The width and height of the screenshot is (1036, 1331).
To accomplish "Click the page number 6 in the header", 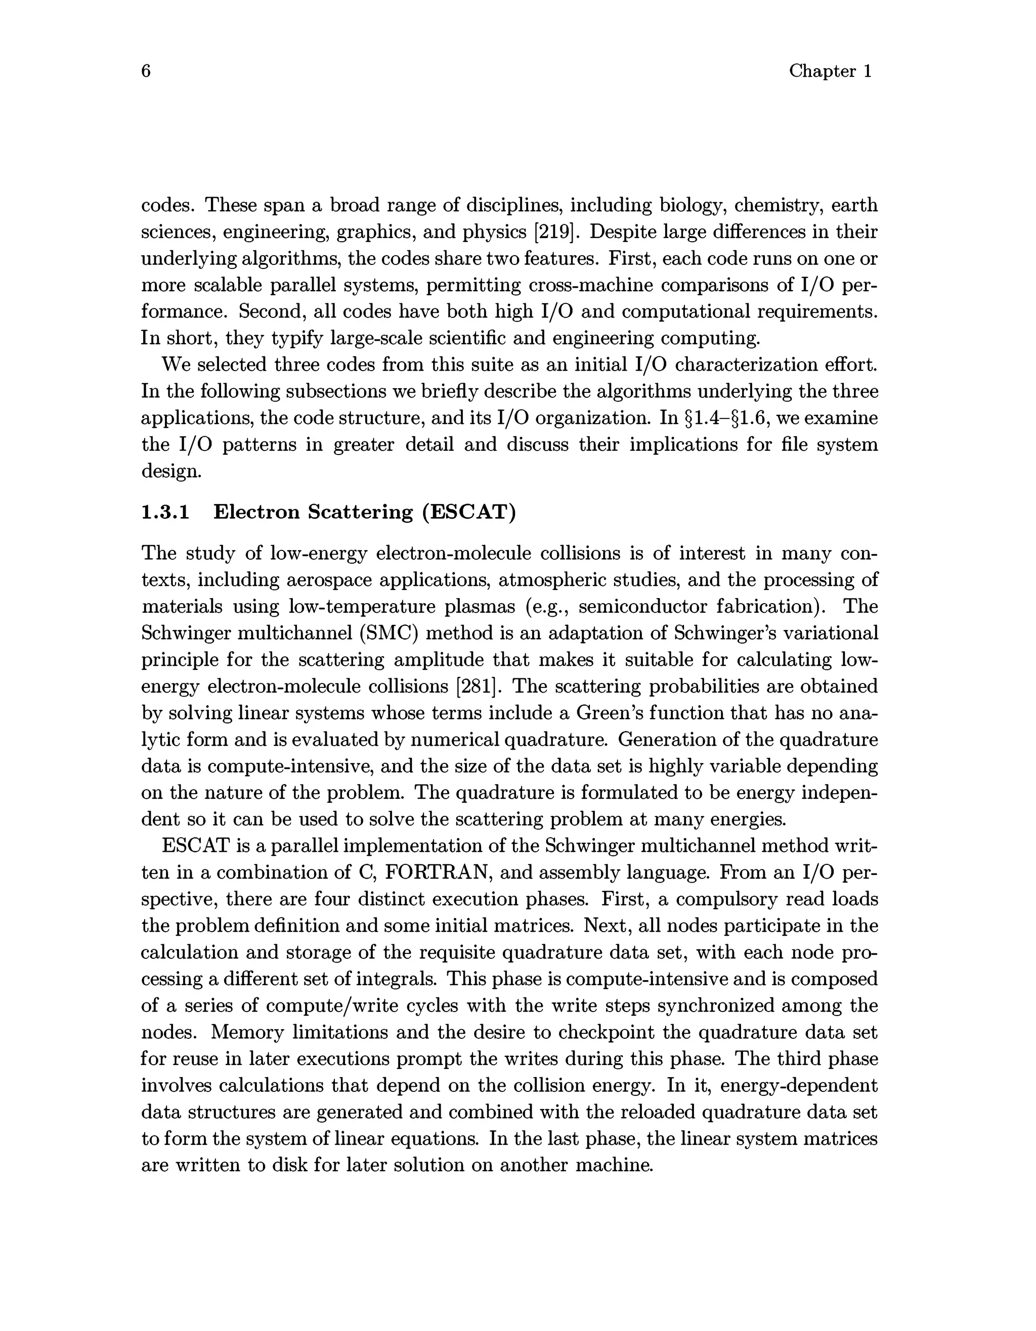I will tap(146, 71).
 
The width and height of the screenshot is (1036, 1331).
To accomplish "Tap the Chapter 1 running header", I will tap(831, 71).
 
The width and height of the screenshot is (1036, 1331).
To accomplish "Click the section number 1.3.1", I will tap(165, 512).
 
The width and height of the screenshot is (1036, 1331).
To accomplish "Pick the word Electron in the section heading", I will tap(256, 512).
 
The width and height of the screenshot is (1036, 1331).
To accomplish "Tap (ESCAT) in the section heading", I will tap(469, 512).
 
